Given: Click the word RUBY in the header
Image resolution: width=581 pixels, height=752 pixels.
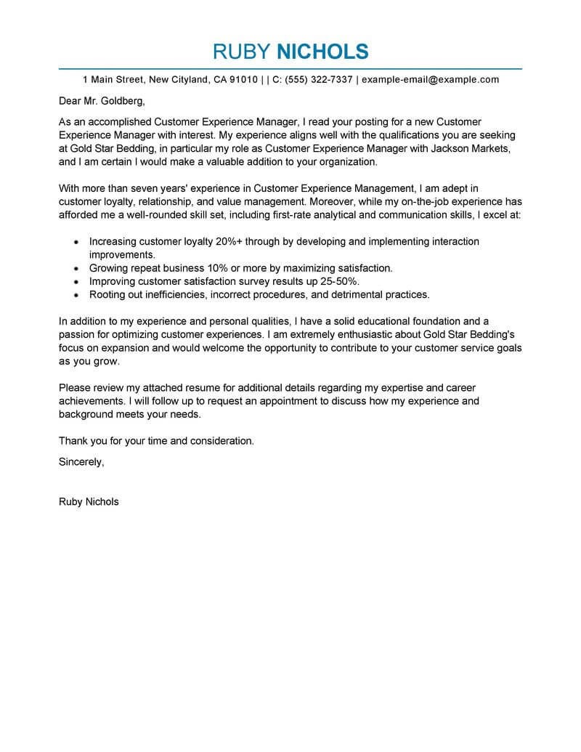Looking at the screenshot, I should click(240, 51).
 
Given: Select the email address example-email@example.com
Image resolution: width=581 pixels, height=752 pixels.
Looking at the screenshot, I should click(431, 79).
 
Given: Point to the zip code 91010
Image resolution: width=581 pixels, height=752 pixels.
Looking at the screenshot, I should click(243, 79).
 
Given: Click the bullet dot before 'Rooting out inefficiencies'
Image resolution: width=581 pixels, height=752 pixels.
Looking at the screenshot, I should click(76, 295).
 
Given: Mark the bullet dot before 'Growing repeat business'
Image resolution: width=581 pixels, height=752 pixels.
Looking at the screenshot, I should click(76, 268).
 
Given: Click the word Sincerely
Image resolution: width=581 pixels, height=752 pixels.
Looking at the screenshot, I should click(81, 461).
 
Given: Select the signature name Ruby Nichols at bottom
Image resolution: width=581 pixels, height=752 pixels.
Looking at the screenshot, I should click(89, 501).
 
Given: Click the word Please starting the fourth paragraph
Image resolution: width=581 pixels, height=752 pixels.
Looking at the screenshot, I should click(76, 388).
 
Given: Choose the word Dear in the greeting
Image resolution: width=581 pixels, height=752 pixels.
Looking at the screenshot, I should click(71, 100).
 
